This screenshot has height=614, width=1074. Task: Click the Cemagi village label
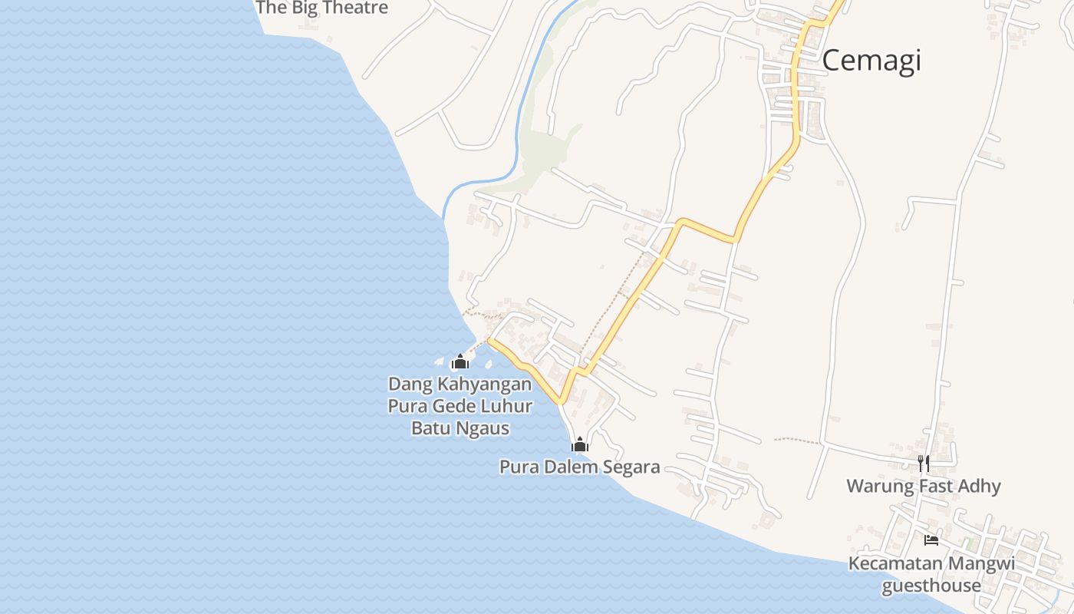point(871,60)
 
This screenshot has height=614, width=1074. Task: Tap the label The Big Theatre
point(322,8)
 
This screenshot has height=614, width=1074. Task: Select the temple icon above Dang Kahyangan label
point(460,361)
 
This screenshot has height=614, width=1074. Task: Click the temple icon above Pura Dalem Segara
point(580,444)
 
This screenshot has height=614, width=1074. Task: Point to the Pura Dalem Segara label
point(579,467)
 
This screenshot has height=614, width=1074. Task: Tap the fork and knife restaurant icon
point(924,463)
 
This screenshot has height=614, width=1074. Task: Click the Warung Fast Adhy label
point(924,486)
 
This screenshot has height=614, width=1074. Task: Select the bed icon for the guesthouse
point(931,540)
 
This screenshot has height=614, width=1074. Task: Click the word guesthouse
point(931,586)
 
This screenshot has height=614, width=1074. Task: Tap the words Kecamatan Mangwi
point(931,564)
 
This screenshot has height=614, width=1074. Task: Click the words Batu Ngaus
point(460,428)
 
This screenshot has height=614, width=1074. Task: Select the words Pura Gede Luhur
point(460,406)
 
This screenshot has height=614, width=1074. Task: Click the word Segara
point(632,467)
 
